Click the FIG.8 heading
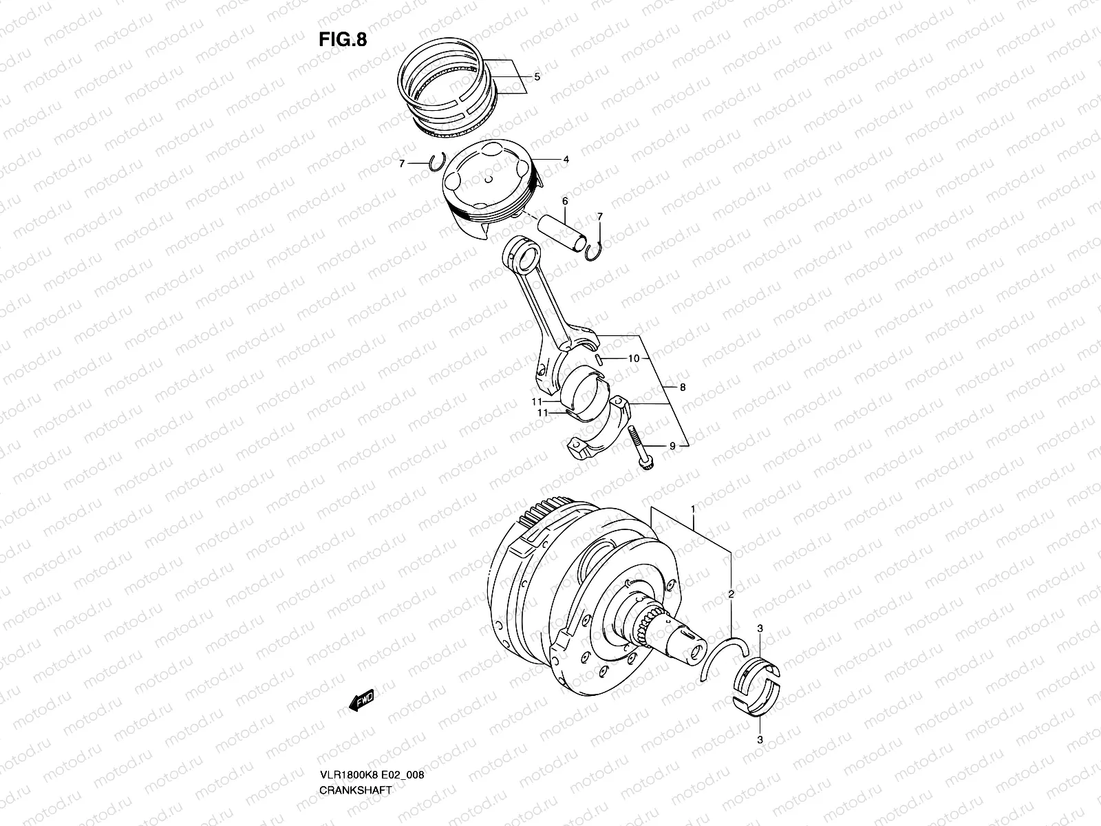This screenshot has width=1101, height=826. click(x=342, y=40)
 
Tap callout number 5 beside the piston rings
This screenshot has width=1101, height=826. click(x=537, y=77)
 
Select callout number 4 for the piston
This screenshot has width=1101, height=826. click(x=566, y=160)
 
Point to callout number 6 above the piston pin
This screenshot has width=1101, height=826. click(x=564, y=201)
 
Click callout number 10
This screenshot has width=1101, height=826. click(x=634, y=359)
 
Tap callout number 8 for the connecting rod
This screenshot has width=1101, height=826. click(x=682, y=388)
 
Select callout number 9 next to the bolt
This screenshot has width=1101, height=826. click(x=672, y=446)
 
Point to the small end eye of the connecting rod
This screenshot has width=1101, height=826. click(x=528, y=260)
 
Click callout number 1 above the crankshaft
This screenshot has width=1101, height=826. click(x=693, y=509)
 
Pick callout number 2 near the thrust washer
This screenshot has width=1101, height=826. click(x=731, y=593)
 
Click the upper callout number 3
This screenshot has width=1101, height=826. click(x=759, y=629)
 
